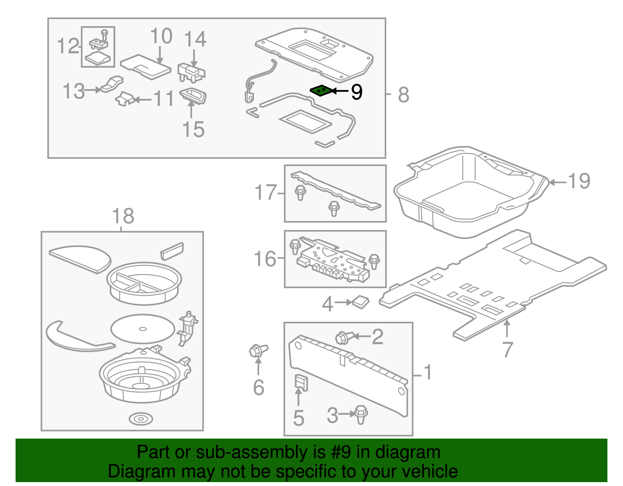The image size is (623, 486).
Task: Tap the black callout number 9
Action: point(356,92)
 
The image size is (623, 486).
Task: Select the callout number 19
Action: point(579,181)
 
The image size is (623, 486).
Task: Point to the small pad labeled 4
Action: point(361,302)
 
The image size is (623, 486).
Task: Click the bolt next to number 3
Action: point(361,414)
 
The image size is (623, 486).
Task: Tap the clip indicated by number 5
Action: point(301,382)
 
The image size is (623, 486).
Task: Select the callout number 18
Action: point(123,216)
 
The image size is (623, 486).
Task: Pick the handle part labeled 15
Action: point(193,95)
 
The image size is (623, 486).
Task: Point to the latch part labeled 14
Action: point(191,73)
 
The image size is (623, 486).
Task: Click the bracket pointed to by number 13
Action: point(112,84)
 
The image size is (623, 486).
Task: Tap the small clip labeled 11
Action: point(125,98)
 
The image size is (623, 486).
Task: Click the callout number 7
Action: point(507,349)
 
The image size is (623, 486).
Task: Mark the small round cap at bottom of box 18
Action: point(141,419)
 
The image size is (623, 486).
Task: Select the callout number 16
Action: point(265,259)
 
